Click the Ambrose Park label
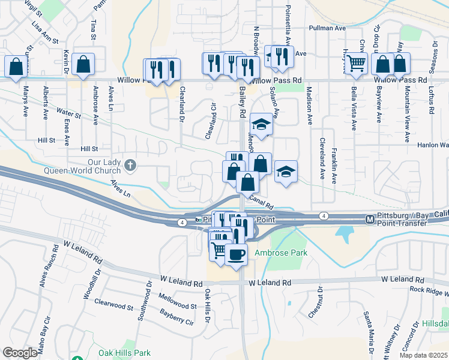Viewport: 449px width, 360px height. pos(281,253)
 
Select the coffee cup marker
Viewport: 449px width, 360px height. pos(236,254)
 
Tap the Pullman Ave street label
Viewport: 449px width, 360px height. pos(327,28)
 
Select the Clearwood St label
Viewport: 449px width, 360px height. pos(113,305)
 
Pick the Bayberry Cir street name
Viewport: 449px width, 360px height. pos(176,317)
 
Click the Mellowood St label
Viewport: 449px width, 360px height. pos(177,297)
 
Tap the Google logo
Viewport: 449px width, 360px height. pos(20,353)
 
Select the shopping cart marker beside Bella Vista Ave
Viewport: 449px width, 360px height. pos(357,63)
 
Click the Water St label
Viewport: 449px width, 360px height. pos(68,112)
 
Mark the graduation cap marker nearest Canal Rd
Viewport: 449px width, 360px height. pos(286,171)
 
